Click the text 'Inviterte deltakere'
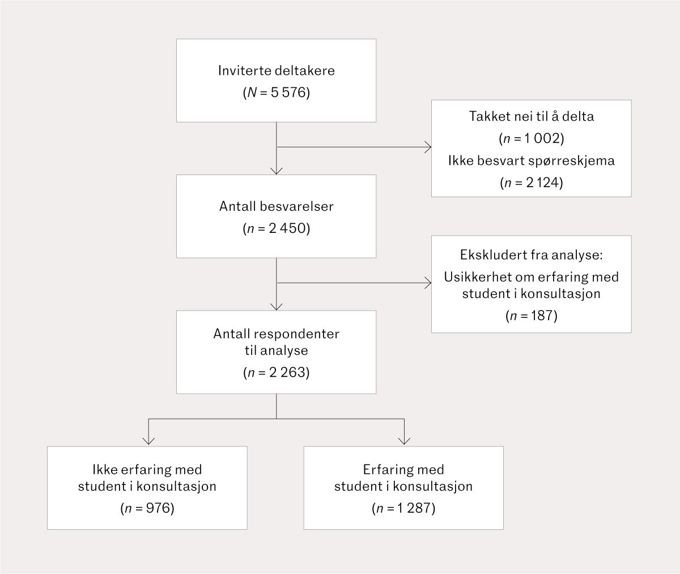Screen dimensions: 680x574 click(x=276, y=71)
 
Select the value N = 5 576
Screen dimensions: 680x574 click(x=276, y=92)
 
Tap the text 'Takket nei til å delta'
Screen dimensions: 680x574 click(x=531, y=116)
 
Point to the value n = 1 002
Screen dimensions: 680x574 click(x=531, y=138)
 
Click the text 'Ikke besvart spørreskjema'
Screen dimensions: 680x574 click(x=531, y=161)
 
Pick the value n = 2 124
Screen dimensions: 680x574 click(x=531, y=183)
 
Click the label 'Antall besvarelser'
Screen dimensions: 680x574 click(x=276, y=206)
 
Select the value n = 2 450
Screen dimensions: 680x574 click(x=276, y=228)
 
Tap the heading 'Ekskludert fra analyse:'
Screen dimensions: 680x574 click(x=531, y=255)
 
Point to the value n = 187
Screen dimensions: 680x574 click(x=531, y=316)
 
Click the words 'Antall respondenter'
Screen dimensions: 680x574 click(x=276, y=334)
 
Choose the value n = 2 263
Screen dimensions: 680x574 click(x=276, y=372)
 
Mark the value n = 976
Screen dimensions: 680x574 click(x=147, y=508)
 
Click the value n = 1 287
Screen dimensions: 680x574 click(x=403, y=508)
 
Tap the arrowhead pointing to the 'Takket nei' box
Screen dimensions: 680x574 click(x=428, y=147)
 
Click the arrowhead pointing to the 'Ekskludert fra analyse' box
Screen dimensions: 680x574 click(x=428, y=283)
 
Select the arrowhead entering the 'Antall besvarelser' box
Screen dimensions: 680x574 click(x=276, y=171)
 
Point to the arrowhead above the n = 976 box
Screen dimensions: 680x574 click(x=148, y=441)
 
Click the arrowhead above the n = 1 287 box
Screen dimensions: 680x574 click(x=404, y=441)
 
